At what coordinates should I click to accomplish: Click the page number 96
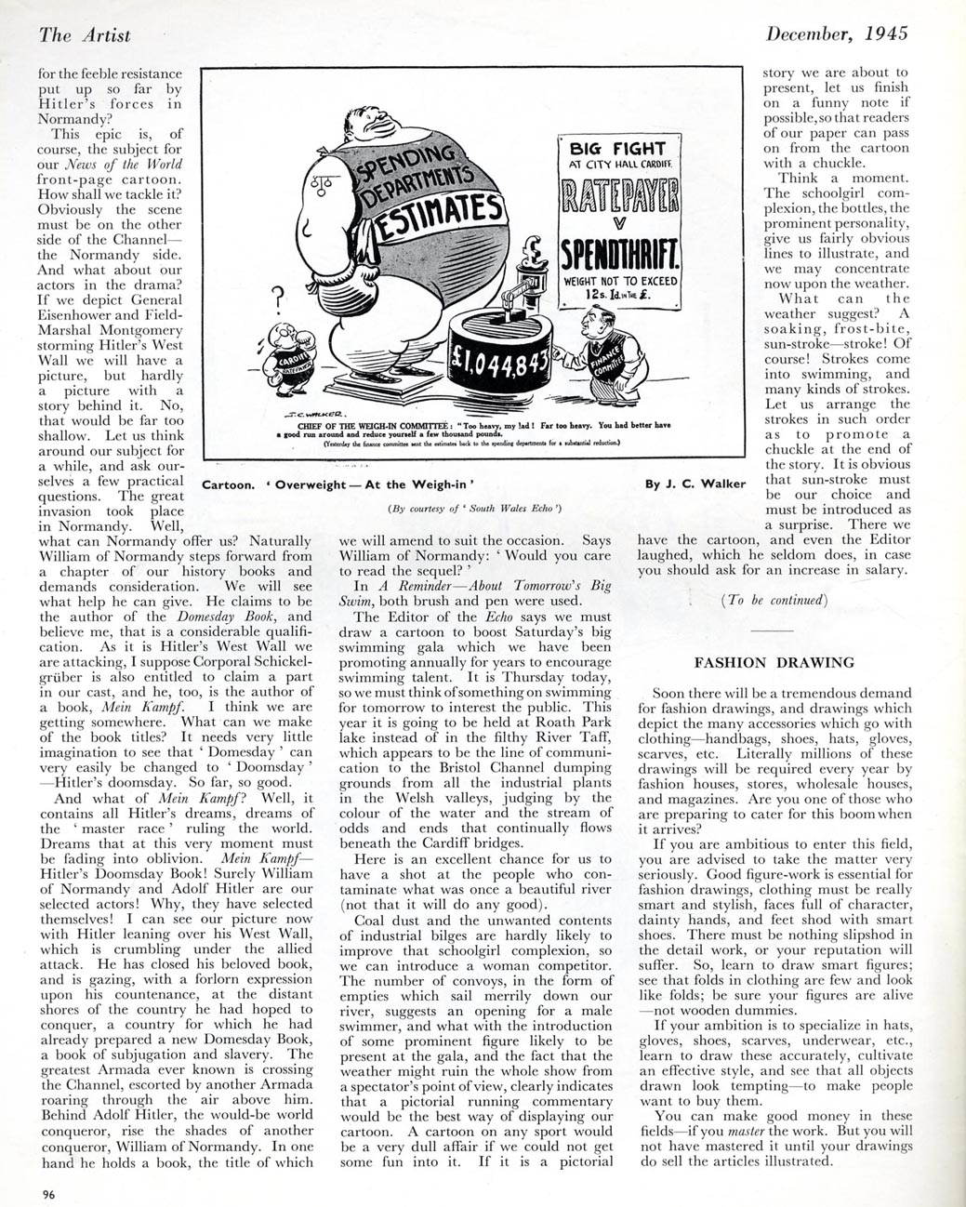[x=47, y=1195]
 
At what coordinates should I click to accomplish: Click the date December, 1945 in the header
[x=836, y=34]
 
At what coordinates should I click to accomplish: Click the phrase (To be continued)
[x=774, y=600]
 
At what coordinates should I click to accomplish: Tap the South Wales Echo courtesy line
[x=474, y=509]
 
